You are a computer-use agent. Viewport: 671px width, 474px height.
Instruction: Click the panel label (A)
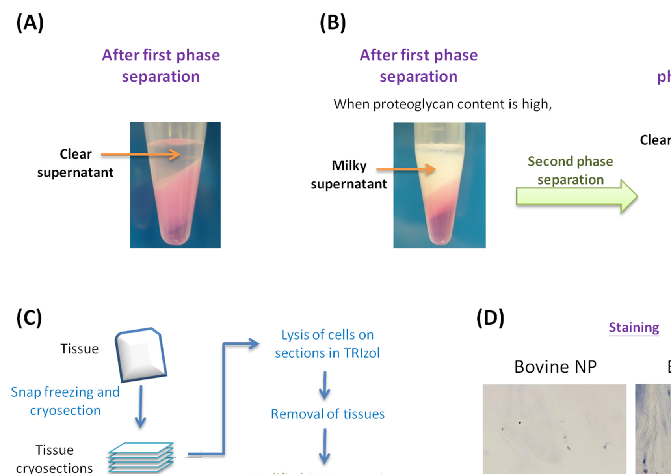30,23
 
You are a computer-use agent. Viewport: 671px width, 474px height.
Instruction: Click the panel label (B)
333,23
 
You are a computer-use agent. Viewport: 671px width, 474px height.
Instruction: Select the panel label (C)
29,318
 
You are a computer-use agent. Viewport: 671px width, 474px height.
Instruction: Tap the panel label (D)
490,318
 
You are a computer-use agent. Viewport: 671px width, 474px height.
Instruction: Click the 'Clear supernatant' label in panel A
75,163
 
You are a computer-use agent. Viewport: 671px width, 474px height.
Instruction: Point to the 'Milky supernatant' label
349,175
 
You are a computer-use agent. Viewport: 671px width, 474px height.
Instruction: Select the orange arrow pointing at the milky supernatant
405,169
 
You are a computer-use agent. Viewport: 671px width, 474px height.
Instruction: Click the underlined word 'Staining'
634,327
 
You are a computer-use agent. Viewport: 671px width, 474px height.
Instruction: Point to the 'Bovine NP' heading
555,367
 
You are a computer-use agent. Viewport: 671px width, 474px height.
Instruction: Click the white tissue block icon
141,354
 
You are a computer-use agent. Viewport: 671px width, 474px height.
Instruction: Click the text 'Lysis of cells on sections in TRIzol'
327,343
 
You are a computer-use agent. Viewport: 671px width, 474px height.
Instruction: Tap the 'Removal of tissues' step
327,414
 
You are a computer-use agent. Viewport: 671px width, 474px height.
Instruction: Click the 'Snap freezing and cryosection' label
65,401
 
